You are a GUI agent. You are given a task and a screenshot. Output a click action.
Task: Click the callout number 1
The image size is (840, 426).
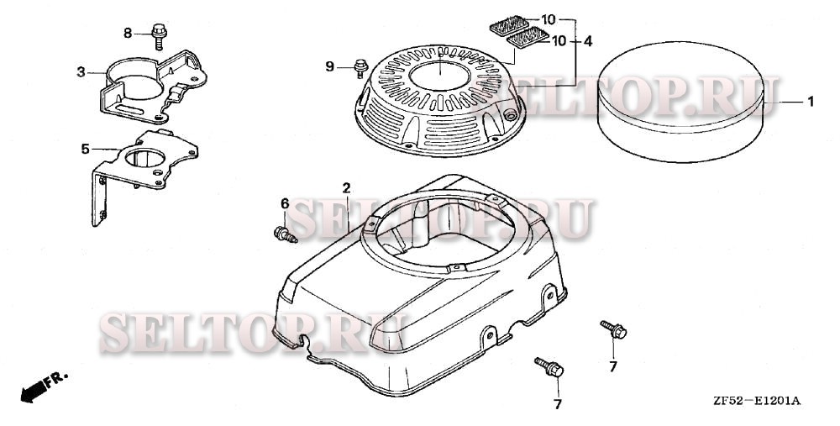811,102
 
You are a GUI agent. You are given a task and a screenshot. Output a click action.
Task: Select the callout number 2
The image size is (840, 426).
347,188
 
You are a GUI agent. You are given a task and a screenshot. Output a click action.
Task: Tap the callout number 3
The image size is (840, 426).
81,71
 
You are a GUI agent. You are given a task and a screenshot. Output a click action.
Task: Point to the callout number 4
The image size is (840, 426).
588,40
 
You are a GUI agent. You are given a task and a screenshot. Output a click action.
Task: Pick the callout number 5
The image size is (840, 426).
85,149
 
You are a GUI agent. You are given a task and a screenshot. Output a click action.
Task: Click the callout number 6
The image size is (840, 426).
285,203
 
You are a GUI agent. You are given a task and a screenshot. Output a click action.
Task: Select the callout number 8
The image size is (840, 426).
128,34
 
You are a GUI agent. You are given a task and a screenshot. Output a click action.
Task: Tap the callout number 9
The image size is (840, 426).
330,66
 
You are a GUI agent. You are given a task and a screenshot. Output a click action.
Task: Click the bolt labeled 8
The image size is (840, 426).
159,36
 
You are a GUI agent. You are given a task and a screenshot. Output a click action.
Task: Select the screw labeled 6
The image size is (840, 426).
286,234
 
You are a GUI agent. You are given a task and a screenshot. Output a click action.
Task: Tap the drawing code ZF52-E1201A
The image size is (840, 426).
757,401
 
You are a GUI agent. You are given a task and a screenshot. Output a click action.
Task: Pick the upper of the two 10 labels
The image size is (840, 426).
548,20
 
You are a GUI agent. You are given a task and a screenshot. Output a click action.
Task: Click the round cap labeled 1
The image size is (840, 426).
681,102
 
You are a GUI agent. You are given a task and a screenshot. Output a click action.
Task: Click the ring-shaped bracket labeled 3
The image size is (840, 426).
153,87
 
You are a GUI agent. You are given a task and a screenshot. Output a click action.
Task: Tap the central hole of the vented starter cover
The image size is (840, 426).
439,76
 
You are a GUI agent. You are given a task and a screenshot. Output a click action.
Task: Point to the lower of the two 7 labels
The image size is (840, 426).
558,404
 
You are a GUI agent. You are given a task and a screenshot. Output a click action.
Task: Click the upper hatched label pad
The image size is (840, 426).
509,25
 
